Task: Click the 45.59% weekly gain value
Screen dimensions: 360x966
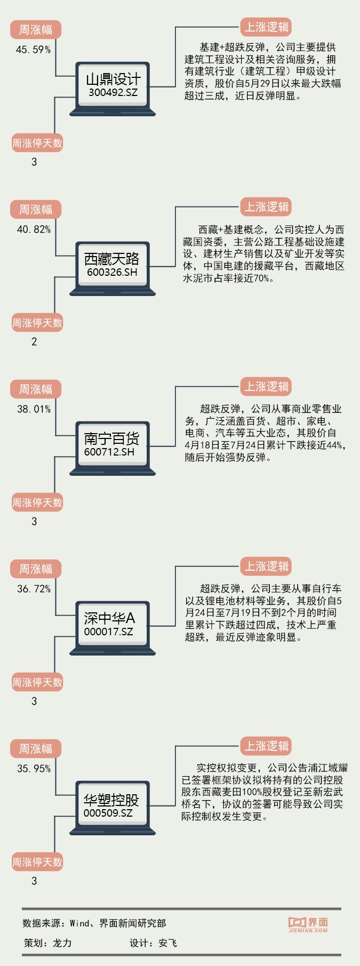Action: pos(33,50)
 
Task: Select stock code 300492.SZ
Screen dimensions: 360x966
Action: pos(113,92)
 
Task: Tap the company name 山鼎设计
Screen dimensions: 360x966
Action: pos(113,79)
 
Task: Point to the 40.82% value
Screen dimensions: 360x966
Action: pos(34,229)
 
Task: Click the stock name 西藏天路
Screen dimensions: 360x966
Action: pos(112,259)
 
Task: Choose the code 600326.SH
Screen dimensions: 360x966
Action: pos(112,272)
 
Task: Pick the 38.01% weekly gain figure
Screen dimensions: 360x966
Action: pos(34,409)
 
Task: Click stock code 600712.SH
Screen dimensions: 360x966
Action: pos(109,452)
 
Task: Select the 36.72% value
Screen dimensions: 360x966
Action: pos(34,589)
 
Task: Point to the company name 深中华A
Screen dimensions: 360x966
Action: pos(109,618)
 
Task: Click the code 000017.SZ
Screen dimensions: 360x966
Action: pos(109,632)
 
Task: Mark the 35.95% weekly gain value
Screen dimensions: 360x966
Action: pos(34,769)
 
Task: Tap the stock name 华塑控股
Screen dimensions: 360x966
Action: pos(111,800)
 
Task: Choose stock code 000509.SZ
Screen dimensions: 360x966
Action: pos(108,813)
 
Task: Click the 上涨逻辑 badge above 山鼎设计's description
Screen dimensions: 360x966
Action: pos(266,27)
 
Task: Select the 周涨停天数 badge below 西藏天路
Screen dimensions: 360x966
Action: pos(37,323)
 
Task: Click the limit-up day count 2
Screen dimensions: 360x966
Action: pos(34,342)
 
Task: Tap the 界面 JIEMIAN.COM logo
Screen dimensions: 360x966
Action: pos(308,924)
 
